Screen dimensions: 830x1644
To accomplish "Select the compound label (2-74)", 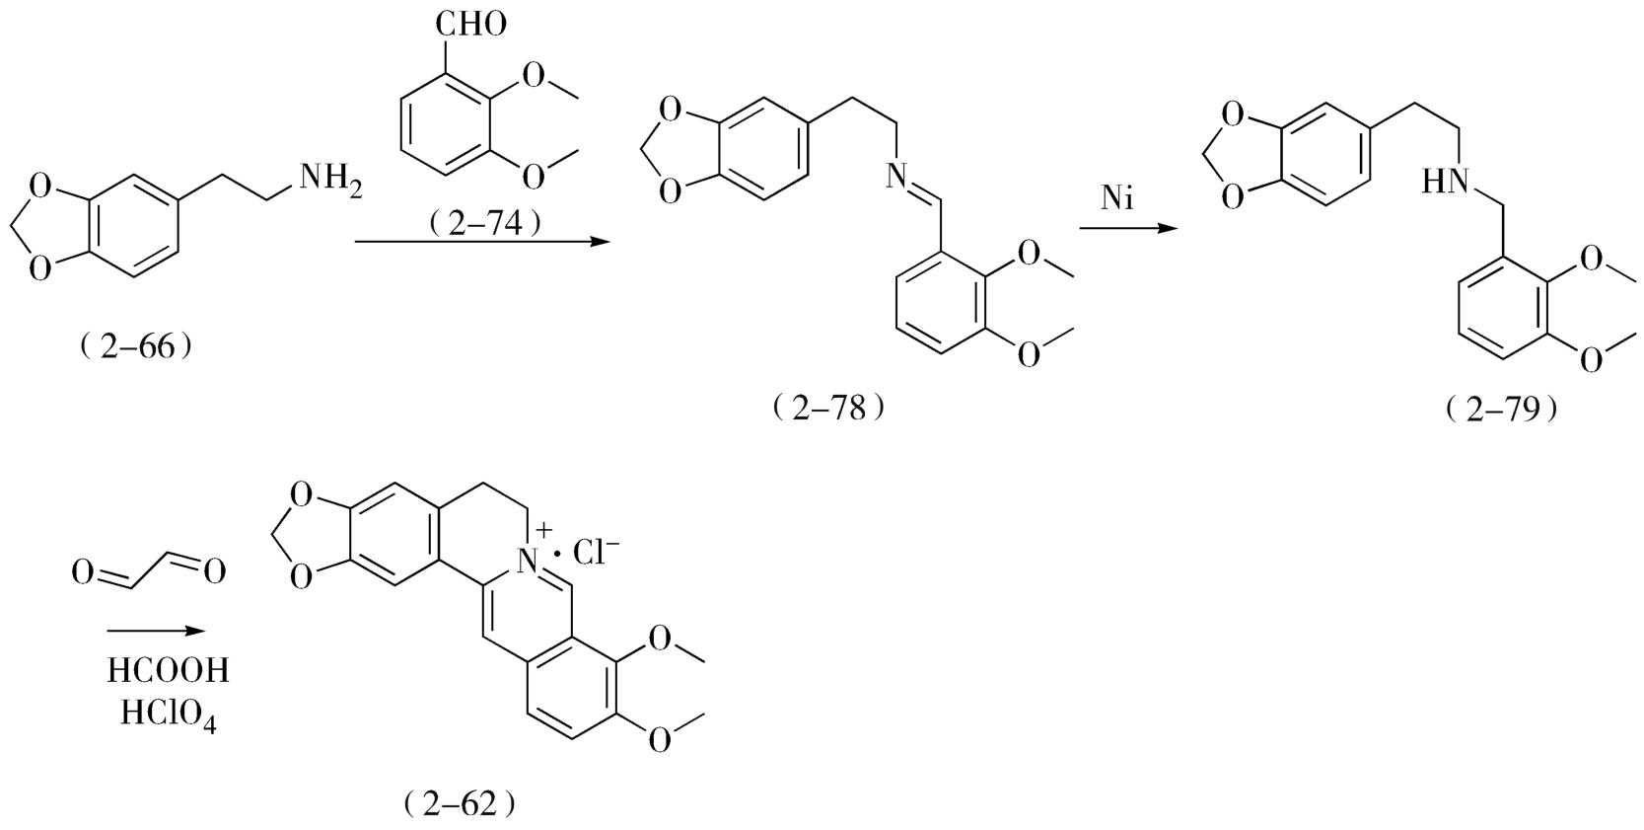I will coord(486,224).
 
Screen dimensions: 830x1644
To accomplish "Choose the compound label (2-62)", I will coord(460,803).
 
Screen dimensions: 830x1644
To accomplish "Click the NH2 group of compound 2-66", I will coord(329,182).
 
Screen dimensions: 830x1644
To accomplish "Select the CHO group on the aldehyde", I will coord(470,22).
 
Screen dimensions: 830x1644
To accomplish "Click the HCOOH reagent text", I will coord(168,671).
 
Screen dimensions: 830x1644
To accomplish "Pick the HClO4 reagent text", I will coord(168,713).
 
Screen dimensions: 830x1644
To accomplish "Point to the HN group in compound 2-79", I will coord(1446,181).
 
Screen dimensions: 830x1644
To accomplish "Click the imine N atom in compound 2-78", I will coord(893,178).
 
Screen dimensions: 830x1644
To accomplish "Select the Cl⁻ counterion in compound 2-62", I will coord(596,555).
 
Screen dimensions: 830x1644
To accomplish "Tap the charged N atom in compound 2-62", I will coord(530,563).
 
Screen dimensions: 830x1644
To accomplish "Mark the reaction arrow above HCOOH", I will coord(157,632).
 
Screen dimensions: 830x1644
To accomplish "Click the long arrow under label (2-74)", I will coord(478,241).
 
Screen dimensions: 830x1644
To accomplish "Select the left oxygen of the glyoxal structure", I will coord(85,571).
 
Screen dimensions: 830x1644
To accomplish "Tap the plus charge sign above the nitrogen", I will coord(543,533).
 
